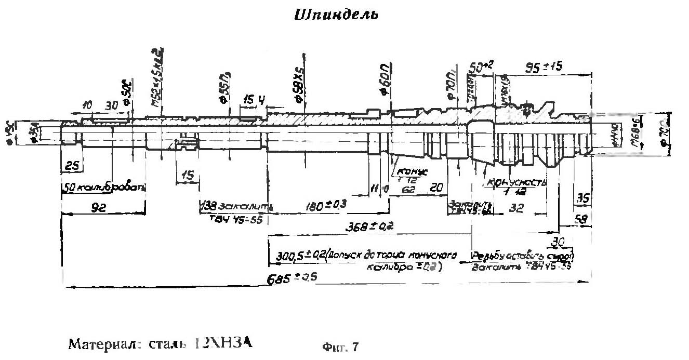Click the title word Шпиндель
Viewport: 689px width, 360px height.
pos(336,15)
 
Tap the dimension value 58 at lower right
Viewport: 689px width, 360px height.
pos(581,220)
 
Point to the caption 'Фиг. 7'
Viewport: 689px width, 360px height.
pos(340,345)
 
